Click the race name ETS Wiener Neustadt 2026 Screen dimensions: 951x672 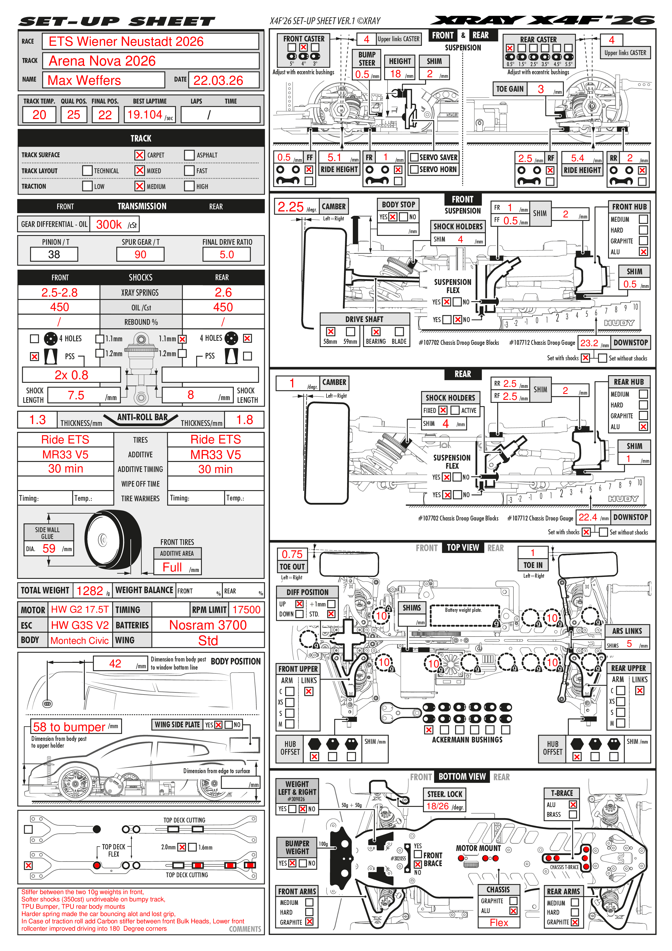point(126,41)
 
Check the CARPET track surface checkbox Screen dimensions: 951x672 point(140,155)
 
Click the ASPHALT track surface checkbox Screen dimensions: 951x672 point(189,155)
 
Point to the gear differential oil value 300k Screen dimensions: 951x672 point(109,224)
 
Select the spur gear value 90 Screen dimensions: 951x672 point(140,254)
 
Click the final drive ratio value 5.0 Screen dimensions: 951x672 point(227,254)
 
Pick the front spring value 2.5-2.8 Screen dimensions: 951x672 point(59,293)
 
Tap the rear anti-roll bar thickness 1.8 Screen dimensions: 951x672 point(244,420)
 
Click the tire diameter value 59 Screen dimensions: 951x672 point(49,548)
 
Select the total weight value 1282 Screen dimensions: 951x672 point(89,591)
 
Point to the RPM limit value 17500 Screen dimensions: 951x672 point(246,610)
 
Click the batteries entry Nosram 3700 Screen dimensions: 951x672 point(208,625)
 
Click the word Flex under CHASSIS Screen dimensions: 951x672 point(499,923)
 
